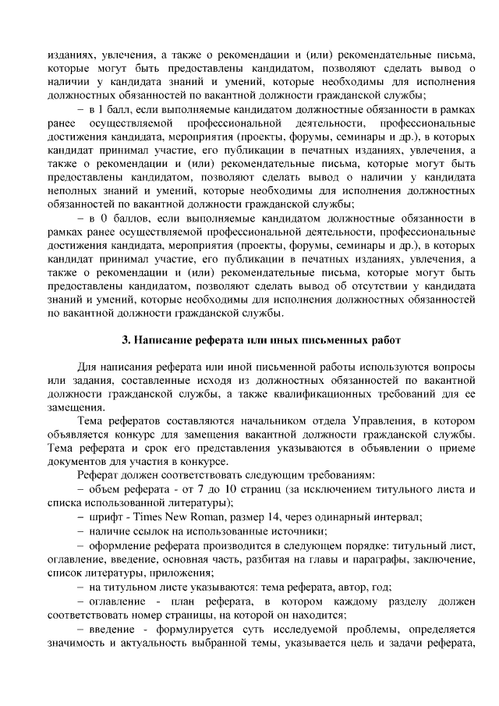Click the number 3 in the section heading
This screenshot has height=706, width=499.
126,340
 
